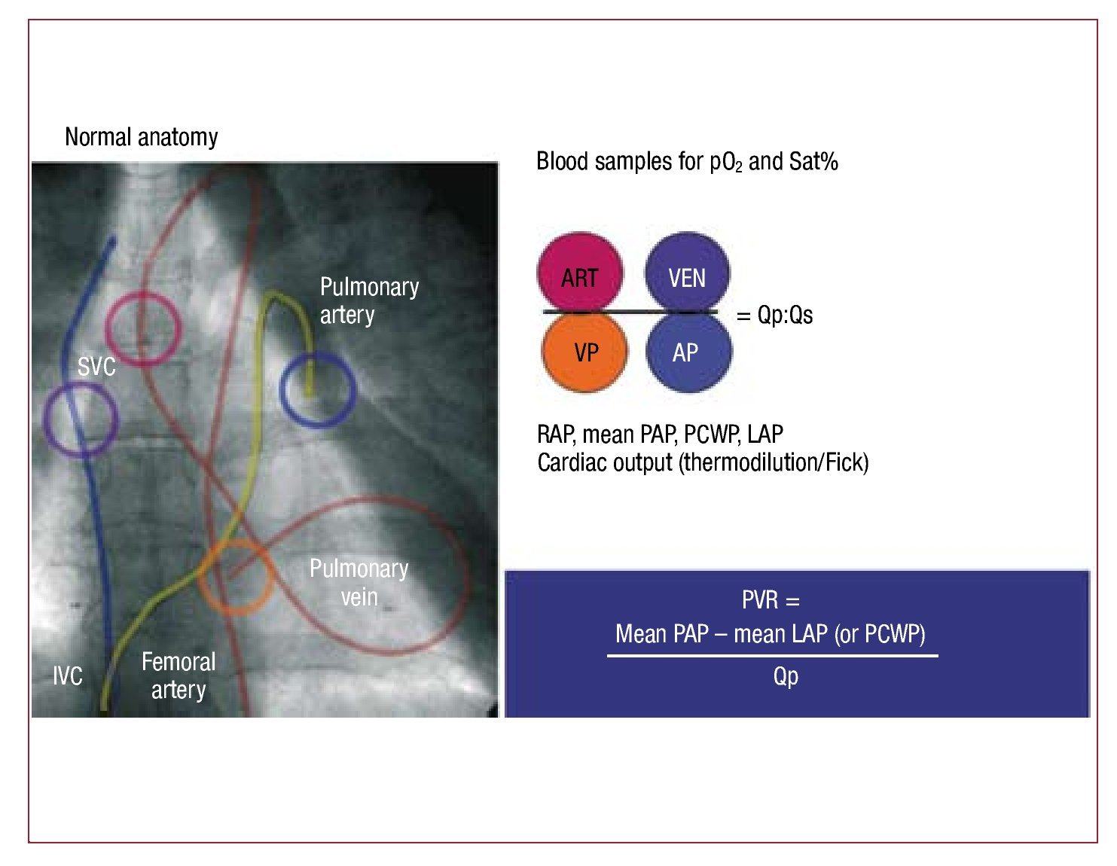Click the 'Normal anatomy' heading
141,137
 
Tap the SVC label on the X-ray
96,367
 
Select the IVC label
68,675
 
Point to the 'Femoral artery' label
179,675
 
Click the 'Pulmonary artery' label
369,300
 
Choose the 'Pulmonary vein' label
359,582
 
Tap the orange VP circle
585,352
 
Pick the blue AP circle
688,352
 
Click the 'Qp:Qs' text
784,315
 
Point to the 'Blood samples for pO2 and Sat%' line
687,162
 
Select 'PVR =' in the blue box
771,600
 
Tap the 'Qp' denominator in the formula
786,675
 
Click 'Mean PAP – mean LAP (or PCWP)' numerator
771,634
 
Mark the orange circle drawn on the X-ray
236,576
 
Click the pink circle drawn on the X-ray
142,328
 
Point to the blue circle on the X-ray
317,389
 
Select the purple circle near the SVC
81,419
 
